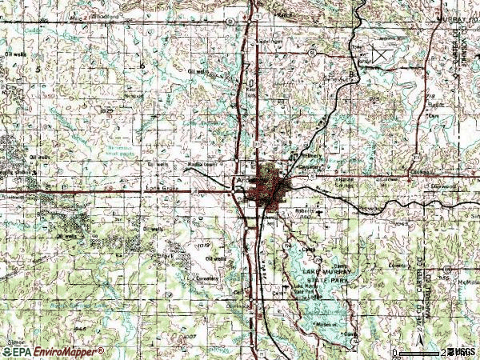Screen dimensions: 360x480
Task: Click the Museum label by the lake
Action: [x=326, y=324]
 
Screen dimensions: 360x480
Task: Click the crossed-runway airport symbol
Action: [x=378, y=54]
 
